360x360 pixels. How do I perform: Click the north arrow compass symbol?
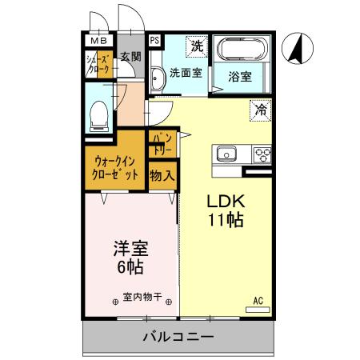coord(296,49)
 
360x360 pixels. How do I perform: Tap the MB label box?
coord(96,41)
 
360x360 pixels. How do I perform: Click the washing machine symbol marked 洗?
coord(197,46)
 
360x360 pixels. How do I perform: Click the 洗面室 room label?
coord(185,74)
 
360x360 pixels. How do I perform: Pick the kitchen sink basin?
coord(226,153)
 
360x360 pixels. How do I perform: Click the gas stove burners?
coord(262,154)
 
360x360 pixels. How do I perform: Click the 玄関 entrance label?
coord(130,57)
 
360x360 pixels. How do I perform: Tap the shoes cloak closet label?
coord(98,64)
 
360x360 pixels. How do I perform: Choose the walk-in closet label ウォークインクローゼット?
coord(115,166)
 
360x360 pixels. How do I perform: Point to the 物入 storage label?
coord(163,174)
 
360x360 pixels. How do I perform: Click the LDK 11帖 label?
coord(226,210)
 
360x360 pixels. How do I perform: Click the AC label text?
coord(258,301)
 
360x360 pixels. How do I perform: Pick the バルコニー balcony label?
coord(179,338)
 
